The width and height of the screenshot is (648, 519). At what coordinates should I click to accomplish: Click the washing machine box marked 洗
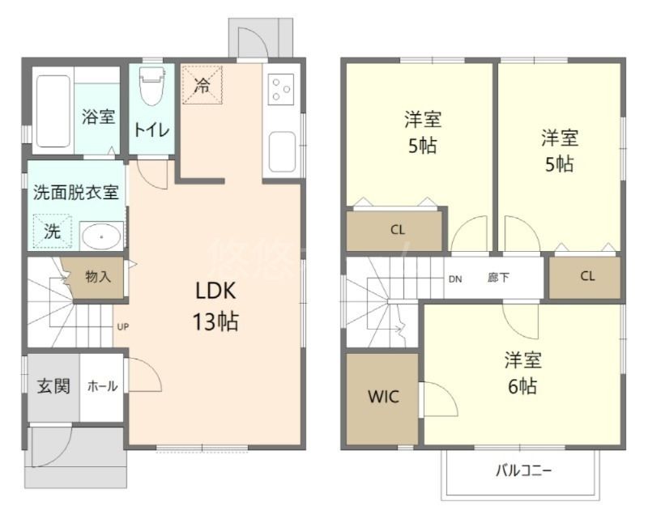click(51, 230)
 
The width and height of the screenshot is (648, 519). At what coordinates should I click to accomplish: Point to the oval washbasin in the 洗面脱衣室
click(101, 236)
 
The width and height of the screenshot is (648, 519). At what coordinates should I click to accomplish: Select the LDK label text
click(215, 291)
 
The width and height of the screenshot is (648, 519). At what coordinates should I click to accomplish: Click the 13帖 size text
click(215, 321)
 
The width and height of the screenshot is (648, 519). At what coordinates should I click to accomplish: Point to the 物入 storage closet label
click(98, 277)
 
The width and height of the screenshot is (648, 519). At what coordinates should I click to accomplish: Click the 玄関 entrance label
click(53, 385)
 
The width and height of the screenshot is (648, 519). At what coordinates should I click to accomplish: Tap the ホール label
click(103, 387)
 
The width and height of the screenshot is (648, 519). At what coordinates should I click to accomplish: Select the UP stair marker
click(123, 327)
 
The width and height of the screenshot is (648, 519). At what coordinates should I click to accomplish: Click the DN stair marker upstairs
click(455, 279)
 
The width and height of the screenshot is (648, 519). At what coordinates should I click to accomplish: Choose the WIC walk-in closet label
click(382, 397)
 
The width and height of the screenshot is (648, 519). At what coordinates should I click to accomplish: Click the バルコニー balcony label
click(523, 470)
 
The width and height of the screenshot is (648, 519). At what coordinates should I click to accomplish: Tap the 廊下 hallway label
click(499, 277)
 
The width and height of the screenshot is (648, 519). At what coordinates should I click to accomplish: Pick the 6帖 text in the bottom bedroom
click(522, 386)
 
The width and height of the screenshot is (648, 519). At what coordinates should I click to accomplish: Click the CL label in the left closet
click(397, 230)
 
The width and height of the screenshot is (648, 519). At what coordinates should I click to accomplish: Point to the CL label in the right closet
click(587, 276)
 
